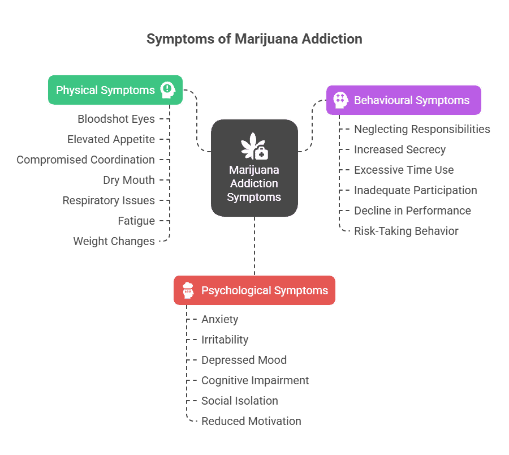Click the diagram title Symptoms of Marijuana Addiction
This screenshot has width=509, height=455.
pyautogui.click(x=254, y=39)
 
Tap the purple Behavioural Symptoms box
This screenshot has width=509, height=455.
pyautogui.click(x=403, y=100)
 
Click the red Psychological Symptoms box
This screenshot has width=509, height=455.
pyautogui.click(x=254, y=290)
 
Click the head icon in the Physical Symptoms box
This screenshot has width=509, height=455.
pyautogui.click(x=168, y=89)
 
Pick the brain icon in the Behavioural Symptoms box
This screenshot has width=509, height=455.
pyautogui.click(x=340, y=100)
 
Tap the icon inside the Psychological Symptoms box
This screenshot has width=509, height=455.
pyautogui.click(x=188, y=290)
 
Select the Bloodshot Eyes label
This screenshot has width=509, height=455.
pyautogui.click(x=116, y=119)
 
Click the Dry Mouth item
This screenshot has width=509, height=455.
pyautogui.click(x=128, y=180)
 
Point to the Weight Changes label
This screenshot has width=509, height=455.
pyautogui.click(x=114, y=241)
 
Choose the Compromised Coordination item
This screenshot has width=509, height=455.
pyautogui.click(x=85, y=160)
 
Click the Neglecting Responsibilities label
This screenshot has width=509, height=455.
pyautogui.click(x=422, y=129)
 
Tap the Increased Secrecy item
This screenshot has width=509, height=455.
pyautogui.click(x=399, y=149)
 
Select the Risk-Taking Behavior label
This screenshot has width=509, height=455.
pyautogui.click(x=406, y=231)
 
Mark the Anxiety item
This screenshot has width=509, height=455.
pyautogui.click(x=219, y=319)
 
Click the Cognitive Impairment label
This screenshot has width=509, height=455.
pyautogui.click(x=255, y=380)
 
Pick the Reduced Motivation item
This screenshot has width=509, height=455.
pyautogui.click(x=251, y=421)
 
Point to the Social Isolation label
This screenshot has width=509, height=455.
pyautogui.click(x=239, y=401)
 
